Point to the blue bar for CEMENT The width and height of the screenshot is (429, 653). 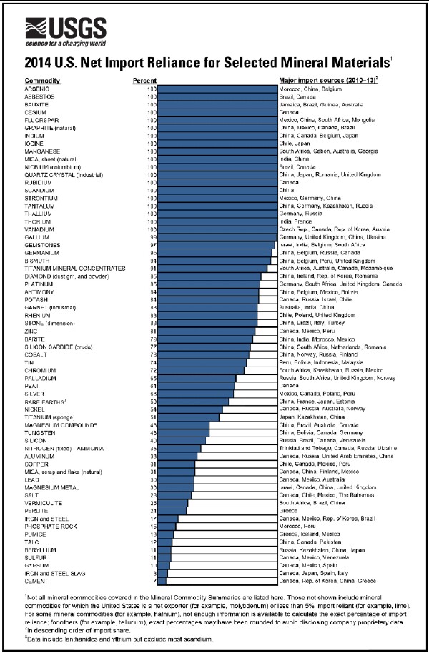pyautogui.click(x=161, y=581)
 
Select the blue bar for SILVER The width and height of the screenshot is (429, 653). pyautogui.click(x=194, y=393)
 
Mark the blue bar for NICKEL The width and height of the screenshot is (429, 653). pyautogui.click(x=189, y=408)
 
